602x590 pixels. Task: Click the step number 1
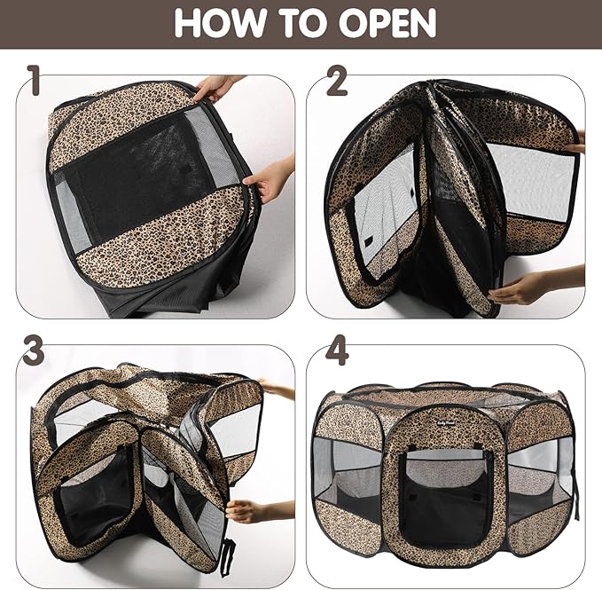pos(34,80)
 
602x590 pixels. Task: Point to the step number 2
pos(337,81)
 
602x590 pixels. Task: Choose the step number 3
pos(33,350)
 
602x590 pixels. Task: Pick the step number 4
pos(337,350)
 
